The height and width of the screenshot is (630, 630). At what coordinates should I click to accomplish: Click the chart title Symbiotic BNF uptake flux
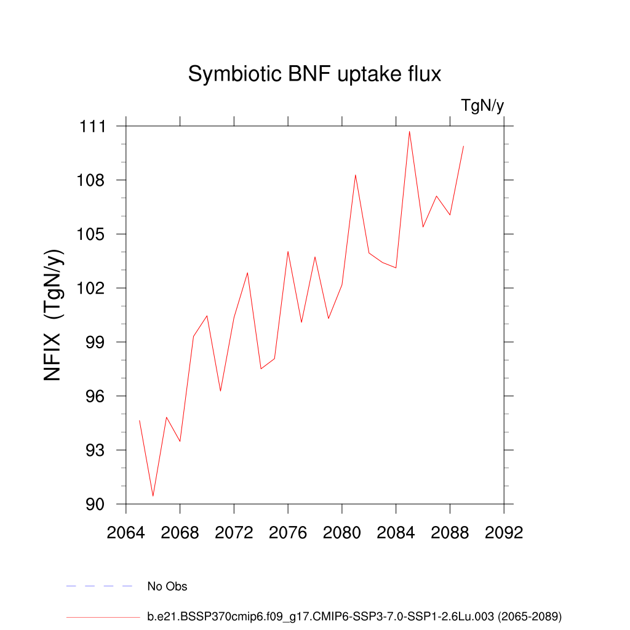(314, 74)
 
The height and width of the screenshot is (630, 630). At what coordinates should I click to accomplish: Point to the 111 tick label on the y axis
(93, 127)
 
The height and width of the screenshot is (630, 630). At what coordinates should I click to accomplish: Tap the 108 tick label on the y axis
(93, 180)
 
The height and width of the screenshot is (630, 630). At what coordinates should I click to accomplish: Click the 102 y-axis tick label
(93, 289)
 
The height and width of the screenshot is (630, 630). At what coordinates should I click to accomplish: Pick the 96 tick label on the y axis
(97, 396)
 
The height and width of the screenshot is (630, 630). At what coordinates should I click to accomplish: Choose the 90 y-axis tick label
(97, 504)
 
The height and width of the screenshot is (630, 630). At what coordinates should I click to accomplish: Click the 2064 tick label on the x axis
(126, 532)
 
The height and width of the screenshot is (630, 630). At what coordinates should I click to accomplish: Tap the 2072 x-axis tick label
(234, 532)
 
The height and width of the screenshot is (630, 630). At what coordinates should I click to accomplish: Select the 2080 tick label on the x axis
(341, 532)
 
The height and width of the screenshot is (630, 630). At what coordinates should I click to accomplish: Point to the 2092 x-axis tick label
(504, 532)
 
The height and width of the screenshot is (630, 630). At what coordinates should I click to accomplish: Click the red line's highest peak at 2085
(409, 131)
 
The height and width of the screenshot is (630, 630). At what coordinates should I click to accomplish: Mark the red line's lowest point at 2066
(153, 496)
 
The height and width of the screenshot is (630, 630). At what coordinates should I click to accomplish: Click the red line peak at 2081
(355, 175)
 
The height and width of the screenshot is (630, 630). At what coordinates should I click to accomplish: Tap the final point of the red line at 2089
(463, 146)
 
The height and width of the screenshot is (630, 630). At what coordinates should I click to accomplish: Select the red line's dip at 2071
(220, 391)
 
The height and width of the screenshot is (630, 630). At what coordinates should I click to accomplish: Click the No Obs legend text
(167, 587)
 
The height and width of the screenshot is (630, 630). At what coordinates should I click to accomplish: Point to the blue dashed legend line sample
(100, 586)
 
